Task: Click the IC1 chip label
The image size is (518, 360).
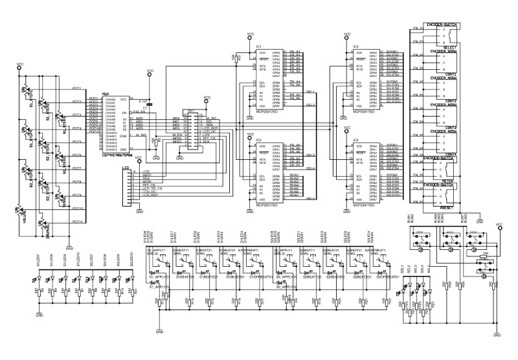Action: coord(259,47)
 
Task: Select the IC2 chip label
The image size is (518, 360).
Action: coord(259,140)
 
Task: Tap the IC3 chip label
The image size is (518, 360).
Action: coord(356,47)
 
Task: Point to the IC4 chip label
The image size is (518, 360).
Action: coord(356,140)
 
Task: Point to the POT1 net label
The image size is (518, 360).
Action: coord(76,88)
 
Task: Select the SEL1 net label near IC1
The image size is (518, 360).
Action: coord(310,91)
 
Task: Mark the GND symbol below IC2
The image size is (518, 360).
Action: coord(250,213)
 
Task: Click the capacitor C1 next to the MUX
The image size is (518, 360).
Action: coord(150,101)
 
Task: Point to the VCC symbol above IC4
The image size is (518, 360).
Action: coord(347,128)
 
